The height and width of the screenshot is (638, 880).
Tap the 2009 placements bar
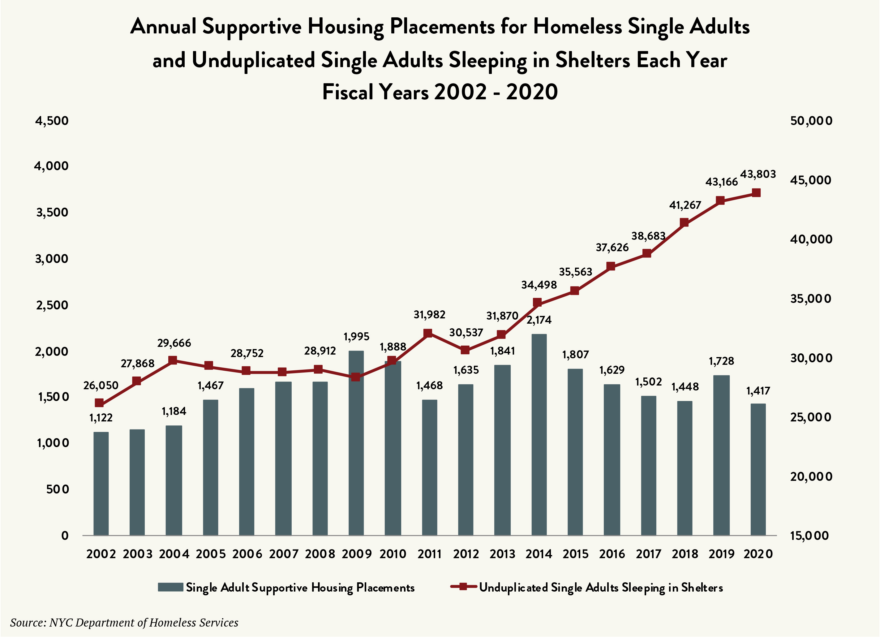[x=356, y=443]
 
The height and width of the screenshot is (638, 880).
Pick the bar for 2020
[x=758, y=470]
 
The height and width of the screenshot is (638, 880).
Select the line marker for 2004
[x=173, y=360]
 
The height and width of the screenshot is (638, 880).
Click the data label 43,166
[x=721, y=182]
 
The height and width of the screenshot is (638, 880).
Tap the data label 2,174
[x=539, y=320]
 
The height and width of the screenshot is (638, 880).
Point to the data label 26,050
[x=101, y=385]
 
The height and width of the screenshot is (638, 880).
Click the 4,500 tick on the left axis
[x=52, y=121]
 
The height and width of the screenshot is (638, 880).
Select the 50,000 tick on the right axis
[x=811, y=121]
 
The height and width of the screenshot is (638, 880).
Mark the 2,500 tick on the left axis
[x=52, y=305]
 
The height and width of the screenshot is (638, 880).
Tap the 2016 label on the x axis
[x=612, y=554]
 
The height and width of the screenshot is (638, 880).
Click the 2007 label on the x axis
[x=284, y=554]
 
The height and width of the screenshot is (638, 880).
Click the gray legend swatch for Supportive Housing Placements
[x=170, y=587]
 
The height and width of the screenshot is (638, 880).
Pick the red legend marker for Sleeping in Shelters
[x=463, y=586]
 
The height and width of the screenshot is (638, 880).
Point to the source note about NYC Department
[x=124, y=623]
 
